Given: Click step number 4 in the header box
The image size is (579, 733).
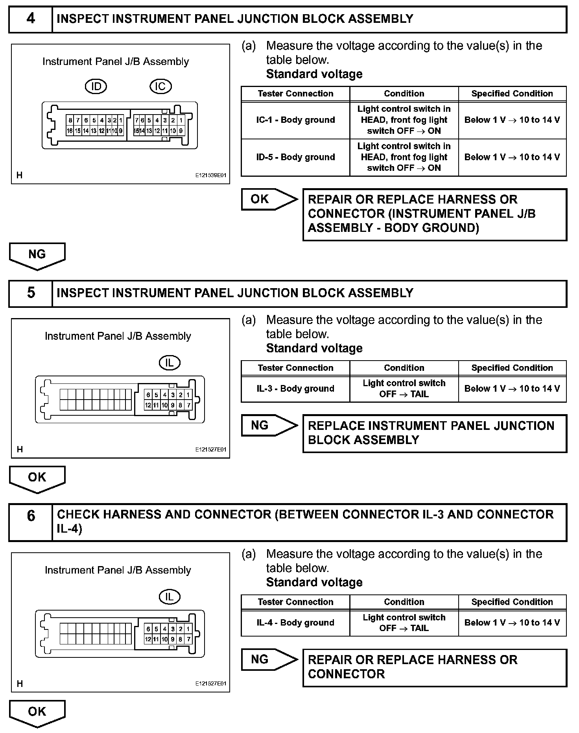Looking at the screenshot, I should tap(31, 19).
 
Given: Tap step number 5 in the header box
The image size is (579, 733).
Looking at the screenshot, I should tap(31, 293).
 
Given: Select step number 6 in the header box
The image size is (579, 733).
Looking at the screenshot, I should tap(31, 516).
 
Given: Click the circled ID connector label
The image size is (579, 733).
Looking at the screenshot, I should tap(96, 87).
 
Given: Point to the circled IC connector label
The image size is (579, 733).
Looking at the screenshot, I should tap(160, 87).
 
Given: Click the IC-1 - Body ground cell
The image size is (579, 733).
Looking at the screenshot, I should tap(295, 120).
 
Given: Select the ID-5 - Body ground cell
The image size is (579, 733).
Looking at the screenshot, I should tap(295, 157).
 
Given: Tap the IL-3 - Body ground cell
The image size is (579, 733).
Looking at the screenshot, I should tap(295, 389).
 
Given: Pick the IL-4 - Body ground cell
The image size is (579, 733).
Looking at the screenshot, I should tap(295, 623).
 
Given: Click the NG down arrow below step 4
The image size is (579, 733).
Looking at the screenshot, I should tap(37, 255).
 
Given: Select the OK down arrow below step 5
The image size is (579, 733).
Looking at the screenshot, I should tap(37, 478).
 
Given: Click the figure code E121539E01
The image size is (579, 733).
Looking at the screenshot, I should tap(211, 176).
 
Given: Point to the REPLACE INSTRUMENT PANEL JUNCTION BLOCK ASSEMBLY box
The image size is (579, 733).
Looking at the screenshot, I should tap(434, 433).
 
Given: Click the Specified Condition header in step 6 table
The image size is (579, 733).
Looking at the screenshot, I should tap(512, 602).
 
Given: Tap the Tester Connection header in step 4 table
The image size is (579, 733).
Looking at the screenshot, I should tap(295, 94).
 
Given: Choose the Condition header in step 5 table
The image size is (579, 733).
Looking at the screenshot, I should tap(404, 368).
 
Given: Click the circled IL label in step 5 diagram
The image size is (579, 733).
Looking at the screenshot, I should tap(170, 363).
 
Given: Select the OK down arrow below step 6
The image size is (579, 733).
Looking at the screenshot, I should tap(37, 713).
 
